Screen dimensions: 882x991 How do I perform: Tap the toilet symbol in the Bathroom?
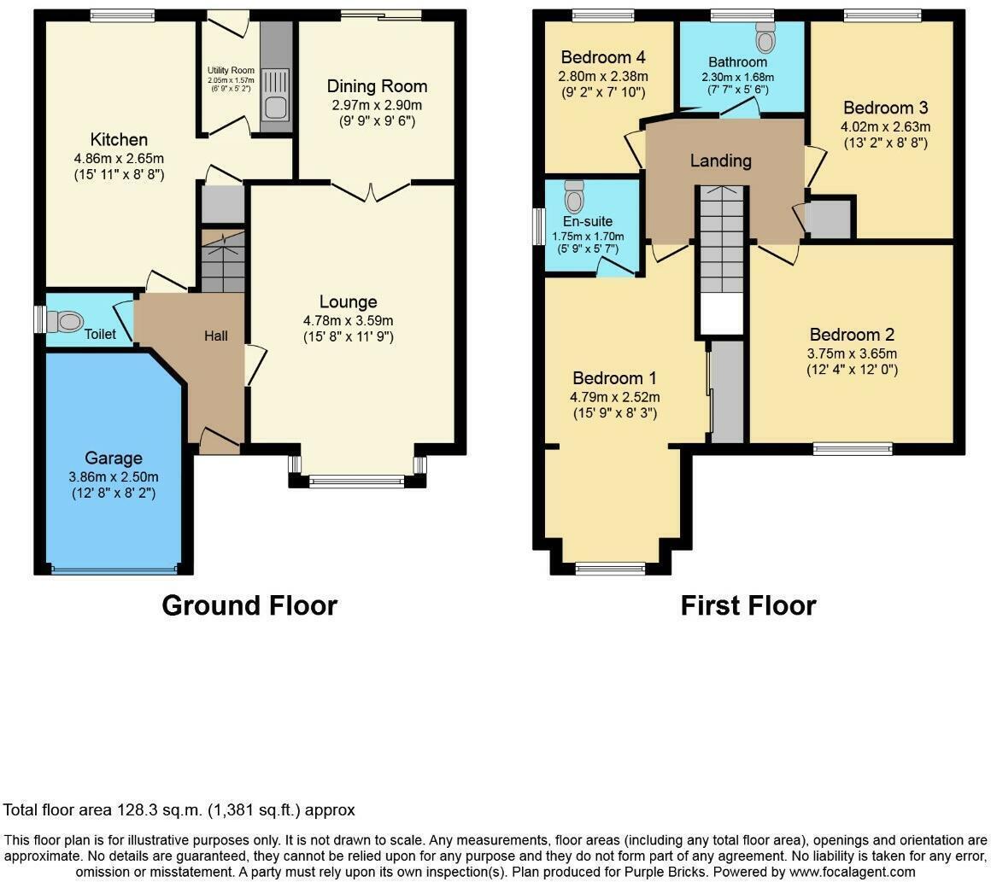pos(765,38)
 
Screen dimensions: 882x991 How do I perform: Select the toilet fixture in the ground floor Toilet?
pos(66,321)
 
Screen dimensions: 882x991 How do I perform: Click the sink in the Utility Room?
pos(275,108)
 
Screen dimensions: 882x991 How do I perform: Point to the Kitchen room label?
pos(119,139)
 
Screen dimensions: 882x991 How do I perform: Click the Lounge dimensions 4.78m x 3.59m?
pos(348,320)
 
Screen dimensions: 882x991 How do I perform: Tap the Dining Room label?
pos(377,86)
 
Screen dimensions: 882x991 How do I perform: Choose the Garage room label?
pos(114,459)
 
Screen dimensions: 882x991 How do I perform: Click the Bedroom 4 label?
pos(603,57)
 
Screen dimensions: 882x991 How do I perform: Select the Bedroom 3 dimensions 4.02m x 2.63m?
pos(885,126)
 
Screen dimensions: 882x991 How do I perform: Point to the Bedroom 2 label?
pos(852,335)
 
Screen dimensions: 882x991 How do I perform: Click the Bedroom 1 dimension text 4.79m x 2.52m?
pos(615,397)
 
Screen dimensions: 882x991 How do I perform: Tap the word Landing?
pos(720,161)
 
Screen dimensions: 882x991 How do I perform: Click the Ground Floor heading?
pos(249,605)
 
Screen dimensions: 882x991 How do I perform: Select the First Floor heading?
pos(748,605)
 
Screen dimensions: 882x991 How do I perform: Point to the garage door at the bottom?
pos(114,569)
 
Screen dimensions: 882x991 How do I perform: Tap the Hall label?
pos(215,336)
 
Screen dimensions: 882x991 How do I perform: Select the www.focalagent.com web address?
pos(852,872)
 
